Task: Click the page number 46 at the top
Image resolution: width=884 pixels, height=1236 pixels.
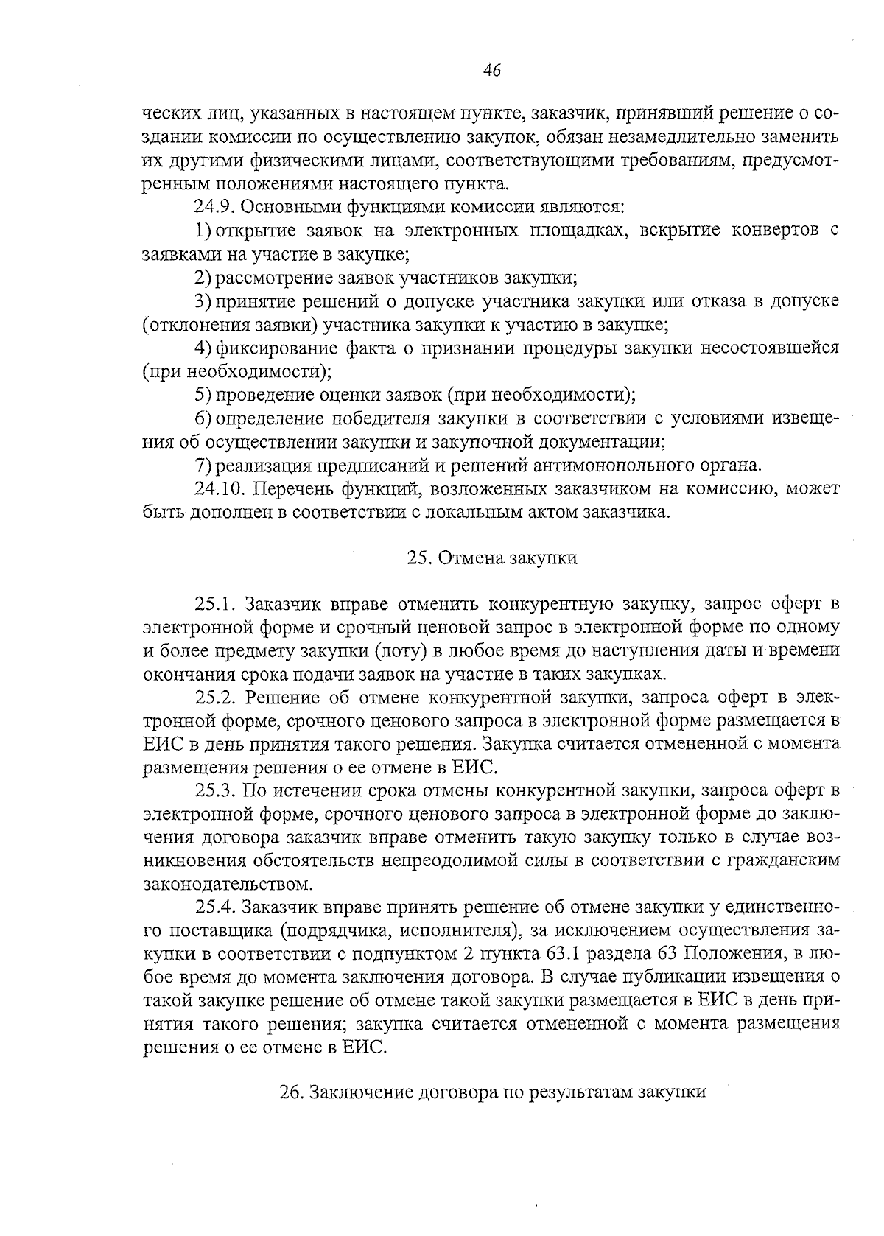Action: (492, 70)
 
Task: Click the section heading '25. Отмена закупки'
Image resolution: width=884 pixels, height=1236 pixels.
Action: (491, 558)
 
